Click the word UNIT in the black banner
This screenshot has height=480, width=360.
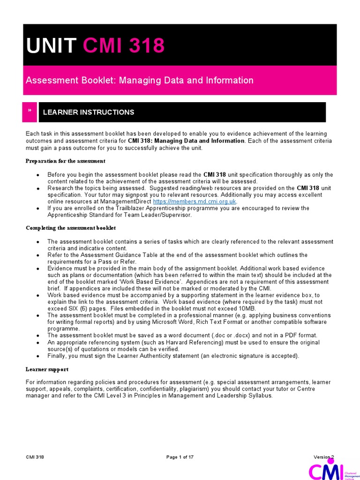click(51, 45)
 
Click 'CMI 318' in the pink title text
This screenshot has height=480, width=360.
click(124, 45)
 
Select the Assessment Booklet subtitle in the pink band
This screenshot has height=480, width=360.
click(140, 80)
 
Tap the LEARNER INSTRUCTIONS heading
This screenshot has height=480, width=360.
click(89, 112)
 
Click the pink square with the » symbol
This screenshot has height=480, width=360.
click(30, 112)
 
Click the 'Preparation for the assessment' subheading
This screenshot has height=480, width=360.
click(65, 161)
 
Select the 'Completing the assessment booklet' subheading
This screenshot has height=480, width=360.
click(70, 228)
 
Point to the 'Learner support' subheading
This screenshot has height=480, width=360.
click(47, 369)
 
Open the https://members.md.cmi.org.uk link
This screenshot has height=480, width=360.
click(191, 201)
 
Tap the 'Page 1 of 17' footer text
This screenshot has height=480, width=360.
click(180, 457)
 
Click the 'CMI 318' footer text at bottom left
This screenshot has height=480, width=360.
click(35, 457)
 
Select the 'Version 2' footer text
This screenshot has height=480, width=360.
click(323, 457)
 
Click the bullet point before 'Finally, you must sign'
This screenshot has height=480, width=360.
click(37, 356)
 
